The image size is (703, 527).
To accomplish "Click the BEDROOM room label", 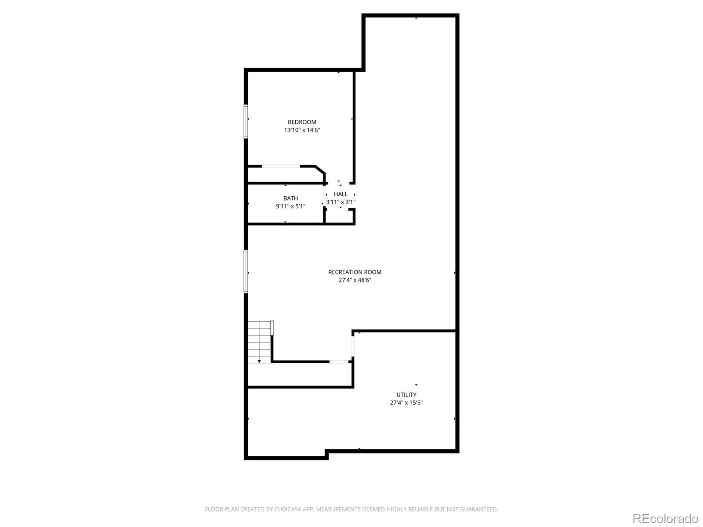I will [x=302, y=122].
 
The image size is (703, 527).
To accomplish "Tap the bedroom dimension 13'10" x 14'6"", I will [x=302, y=130].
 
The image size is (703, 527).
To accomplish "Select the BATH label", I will [x=290, y=199].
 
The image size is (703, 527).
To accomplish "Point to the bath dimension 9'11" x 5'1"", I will [x=290, y=206].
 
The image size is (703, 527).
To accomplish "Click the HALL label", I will [x=341, y=194].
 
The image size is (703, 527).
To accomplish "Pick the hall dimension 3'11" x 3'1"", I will [x=341, y=202].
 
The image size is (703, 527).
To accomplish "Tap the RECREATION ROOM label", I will [x=355, y=272].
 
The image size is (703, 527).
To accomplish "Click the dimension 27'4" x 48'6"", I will [x=355, y=280].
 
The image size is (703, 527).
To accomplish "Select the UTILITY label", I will [x=406, y=395].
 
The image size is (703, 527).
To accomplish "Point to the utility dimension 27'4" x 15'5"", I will [x=406, y=403].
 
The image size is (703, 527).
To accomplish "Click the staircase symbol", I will [x=259, y=342].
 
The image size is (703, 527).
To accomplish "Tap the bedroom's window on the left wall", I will [x=246, y=121].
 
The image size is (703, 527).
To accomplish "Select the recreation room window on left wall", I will [x=246, y=271].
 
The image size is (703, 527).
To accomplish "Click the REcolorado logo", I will [x=665, y=518].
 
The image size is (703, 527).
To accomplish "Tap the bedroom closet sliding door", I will [x=281, y=166].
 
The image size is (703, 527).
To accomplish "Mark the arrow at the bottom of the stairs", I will [x=259, y=361].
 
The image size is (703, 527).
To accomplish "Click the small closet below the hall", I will [x=339, y=217].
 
